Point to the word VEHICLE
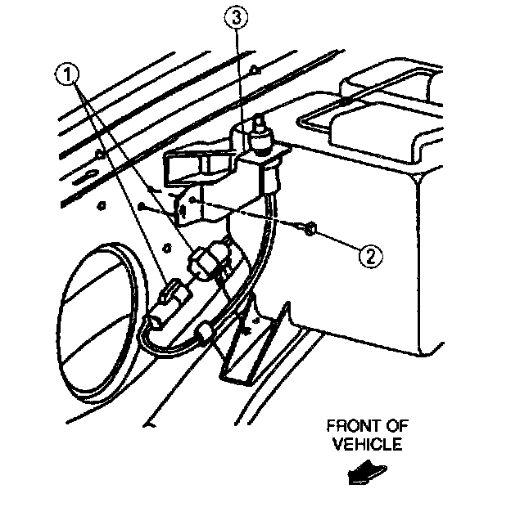(367, 446)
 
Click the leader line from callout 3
(237, 74)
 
